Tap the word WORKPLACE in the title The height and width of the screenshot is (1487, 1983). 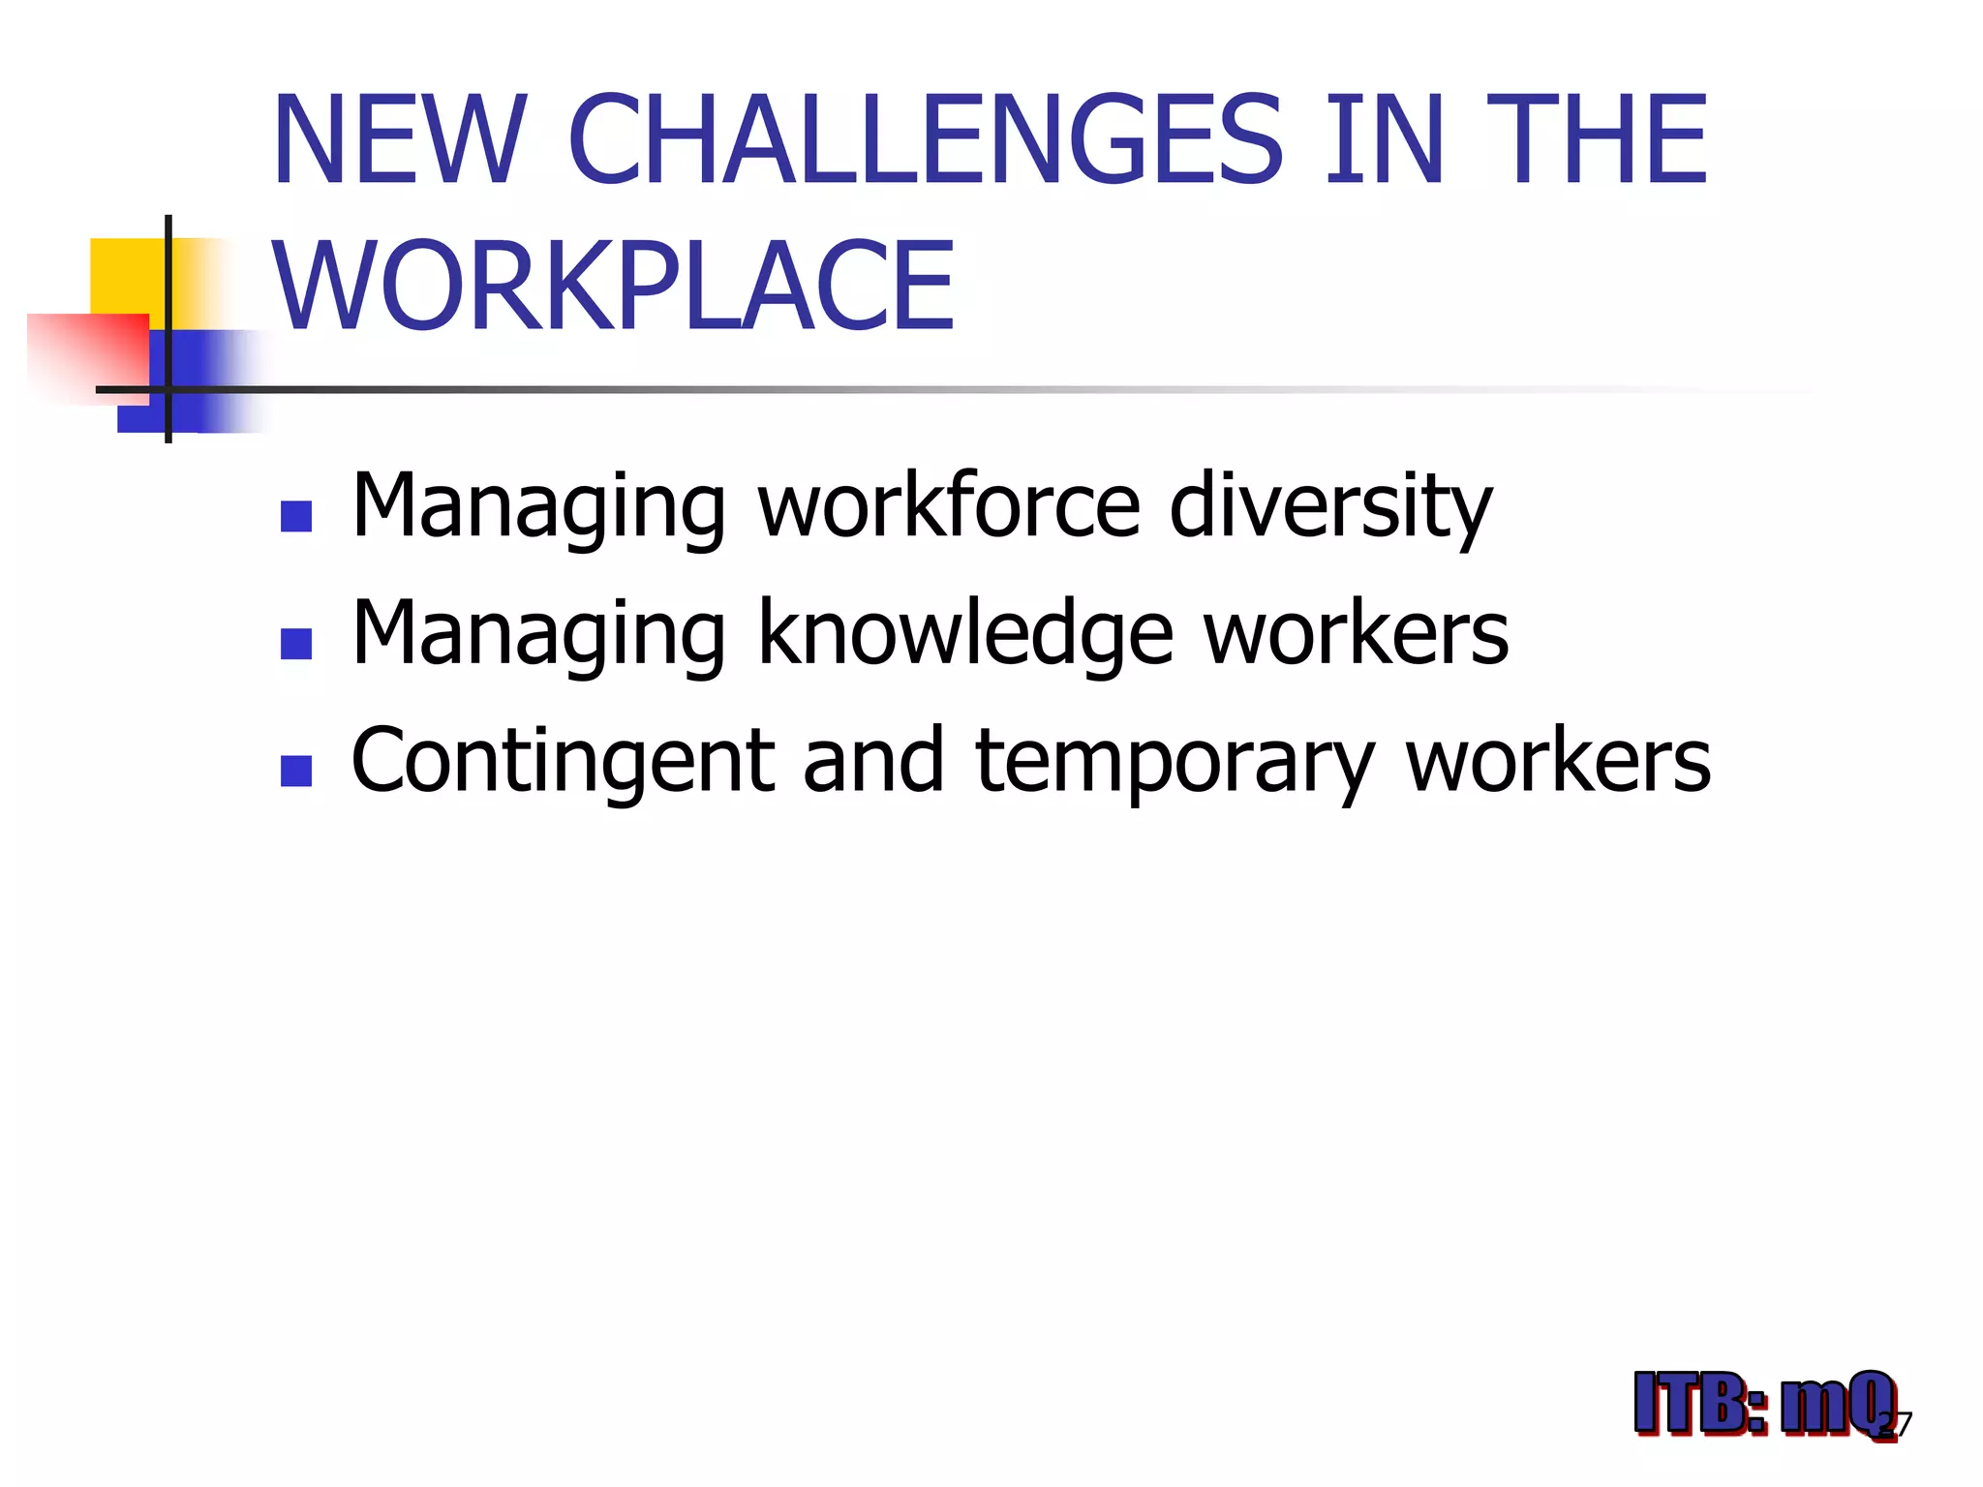[614, 287]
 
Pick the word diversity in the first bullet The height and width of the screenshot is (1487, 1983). [1330, 506]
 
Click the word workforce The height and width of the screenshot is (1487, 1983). [949, 506]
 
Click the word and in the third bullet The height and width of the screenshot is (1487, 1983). [873, 762]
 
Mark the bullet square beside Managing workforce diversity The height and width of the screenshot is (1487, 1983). [295, 516]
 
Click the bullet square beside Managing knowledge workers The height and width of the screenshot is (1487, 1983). [295, 644]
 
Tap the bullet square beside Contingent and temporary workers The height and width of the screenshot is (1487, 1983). [295, 772]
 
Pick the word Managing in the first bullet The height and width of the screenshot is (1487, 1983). [538, 506]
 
